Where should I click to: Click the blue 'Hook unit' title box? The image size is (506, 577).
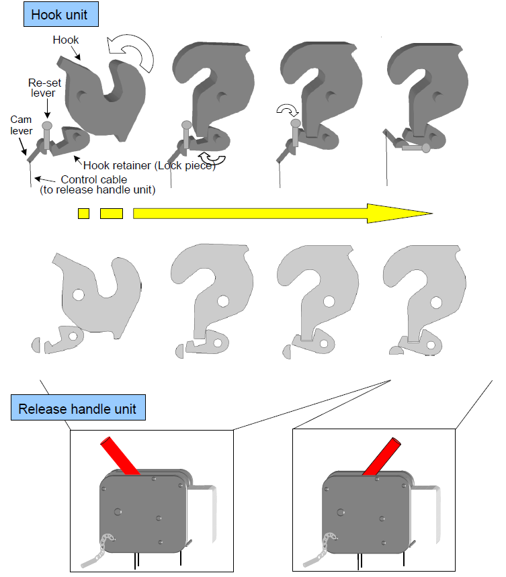pos(61,14)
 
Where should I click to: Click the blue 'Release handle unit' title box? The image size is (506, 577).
pos(78,407)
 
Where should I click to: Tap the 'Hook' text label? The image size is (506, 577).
pos(65,40)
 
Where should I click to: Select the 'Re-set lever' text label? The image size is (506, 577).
pos(44,88)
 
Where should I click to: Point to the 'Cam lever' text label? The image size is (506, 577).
pos(22,125)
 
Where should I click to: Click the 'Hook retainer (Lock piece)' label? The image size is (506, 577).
pos(149,166)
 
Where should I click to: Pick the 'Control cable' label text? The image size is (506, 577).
pos(94,179)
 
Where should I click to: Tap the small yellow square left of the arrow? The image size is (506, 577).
pos(83,214)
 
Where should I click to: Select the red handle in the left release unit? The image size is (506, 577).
pos(120,455)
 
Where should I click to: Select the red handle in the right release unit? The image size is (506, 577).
pos(382,456)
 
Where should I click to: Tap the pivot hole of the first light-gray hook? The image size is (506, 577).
pos(79,295)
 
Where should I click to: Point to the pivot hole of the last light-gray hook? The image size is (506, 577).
pos(436,303)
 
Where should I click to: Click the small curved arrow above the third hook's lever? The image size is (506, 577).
pos(288,110)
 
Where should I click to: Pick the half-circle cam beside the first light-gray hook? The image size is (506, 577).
pos(36,345)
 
